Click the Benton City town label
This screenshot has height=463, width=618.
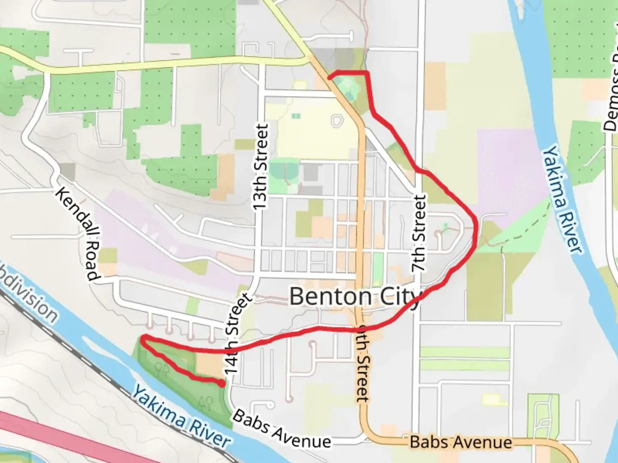coord(354,297)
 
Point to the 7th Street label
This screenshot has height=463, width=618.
coord(419,234)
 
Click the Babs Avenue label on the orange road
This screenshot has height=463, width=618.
coord(461,442)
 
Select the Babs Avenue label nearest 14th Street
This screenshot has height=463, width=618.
coord(282,429)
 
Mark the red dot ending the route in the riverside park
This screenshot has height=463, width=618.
coord(221,384)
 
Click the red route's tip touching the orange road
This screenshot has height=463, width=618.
coord(329,78)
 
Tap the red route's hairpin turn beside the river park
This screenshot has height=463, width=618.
coord(142,339)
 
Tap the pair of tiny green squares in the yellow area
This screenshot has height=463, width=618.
coord(295,116)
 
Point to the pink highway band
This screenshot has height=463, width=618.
coord(64,437)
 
